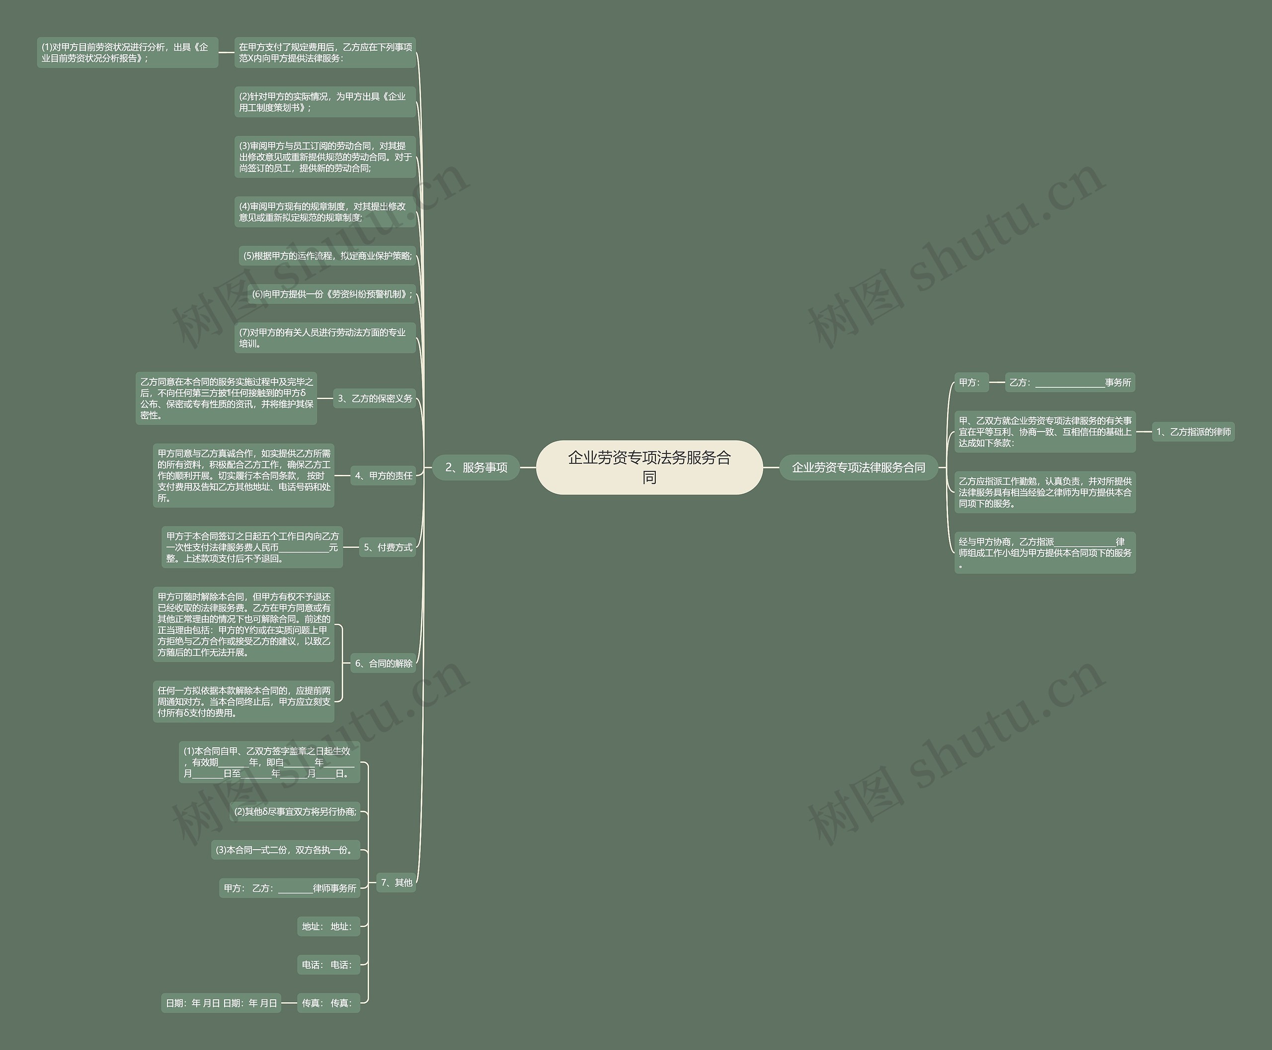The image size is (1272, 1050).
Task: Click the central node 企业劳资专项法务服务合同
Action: [x=649, y=467]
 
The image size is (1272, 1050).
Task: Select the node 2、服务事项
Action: [x=476, y=467]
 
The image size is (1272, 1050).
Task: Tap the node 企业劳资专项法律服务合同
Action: [x=858, y=467]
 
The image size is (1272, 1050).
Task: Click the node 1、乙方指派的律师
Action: [x=1193, y=432]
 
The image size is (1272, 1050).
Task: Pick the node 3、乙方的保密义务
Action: [x=374, y=399]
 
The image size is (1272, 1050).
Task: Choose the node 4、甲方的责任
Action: [x=383, y=476]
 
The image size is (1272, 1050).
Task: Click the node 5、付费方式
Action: [x=387, y=547]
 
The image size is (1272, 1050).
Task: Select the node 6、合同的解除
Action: [x=383, y=664]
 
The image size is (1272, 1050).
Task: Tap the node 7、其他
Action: [x=396, y=882]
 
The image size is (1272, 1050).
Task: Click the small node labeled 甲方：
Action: [x=971, y=382]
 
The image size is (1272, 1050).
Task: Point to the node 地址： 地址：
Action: [x=327, y=927]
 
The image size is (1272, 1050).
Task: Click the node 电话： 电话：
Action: [x=327, y=964]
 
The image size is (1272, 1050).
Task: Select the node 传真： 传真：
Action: [x=327, y=1003]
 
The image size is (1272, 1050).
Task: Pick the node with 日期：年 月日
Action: [x=221, y=1003]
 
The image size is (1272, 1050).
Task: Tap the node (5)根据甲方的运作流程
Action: [x=327, y=256]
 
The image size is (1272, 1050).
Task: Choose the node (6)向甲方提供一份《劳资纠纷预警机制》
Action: [x=331, y=294]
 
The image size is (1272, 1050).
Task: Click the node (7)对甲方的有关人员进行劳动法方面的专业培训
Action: [x=324, y=338]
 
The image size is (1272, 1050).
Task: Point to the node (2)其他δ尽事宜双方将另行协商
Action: [x=295, y=812]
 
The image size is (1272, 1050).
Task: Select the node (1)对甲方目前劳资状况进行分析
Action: [x=127, y=53]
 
